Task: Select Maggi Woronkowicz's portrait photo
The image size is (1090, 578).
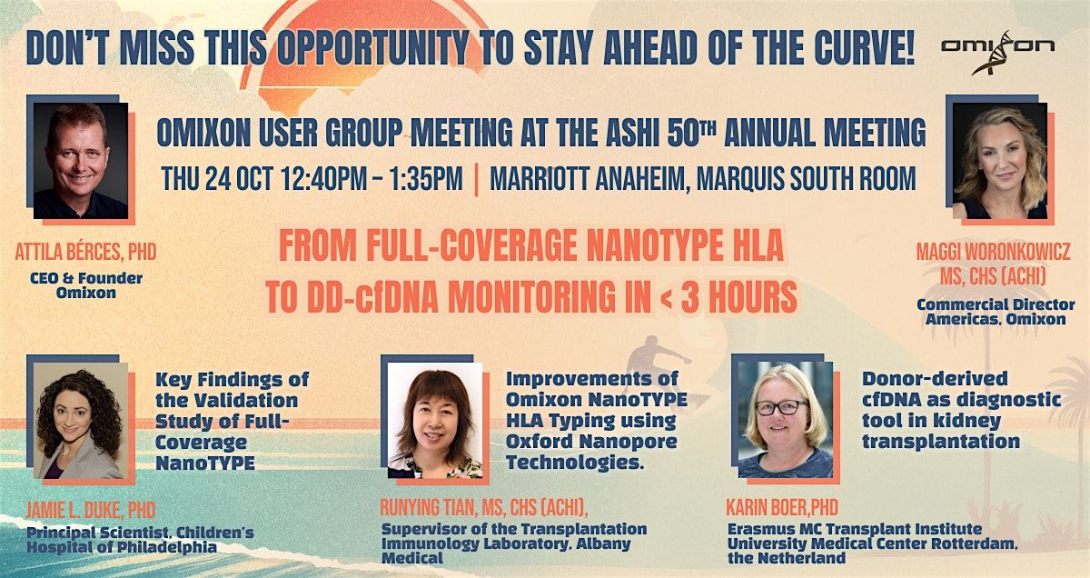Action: point(999,161)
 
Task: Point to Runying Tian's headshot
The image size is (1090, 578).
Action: point(435,421)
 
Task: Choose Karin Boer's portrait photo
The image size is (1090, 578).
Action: point(785,420)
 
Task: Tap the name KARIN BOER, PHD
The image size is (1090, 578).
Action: point(782,506)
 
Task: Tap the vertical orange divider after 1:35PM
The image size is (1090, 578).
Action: point(477,178)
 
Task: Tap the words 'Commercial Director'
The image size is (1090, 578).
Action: point(996,304)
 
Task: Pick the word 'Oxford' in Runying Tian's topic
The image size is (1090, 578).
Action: point(536,442)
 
